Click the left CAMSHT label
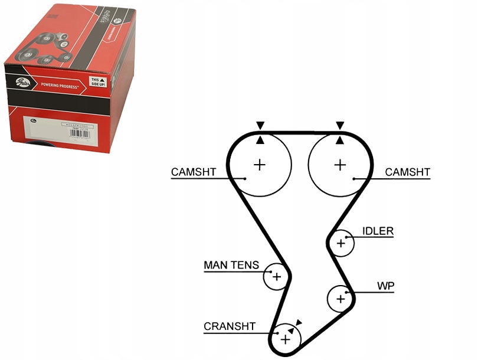tap(194, 172)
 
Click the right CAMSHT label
tap(408, 172)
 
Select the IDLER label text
tap(378, 231)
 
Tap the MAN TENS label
tap(231, 265)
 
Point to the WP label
tap(386, 286)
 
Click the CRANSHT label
tap(230, 326)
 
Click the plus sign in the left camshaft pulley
tap(260, 165)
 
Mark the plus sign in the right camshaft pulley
tap(339, 165)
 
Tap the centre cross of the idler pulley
tap(341, 243)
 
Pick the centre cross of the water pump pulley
tap(340, 299)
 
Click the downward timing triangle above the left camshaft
tap(260, 125)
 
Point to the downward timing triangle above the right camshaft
tap(339, 125)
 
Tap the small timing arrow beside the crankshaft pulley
tap(299, 322)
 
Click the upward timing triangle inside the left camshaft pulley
tap(260, 140)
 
